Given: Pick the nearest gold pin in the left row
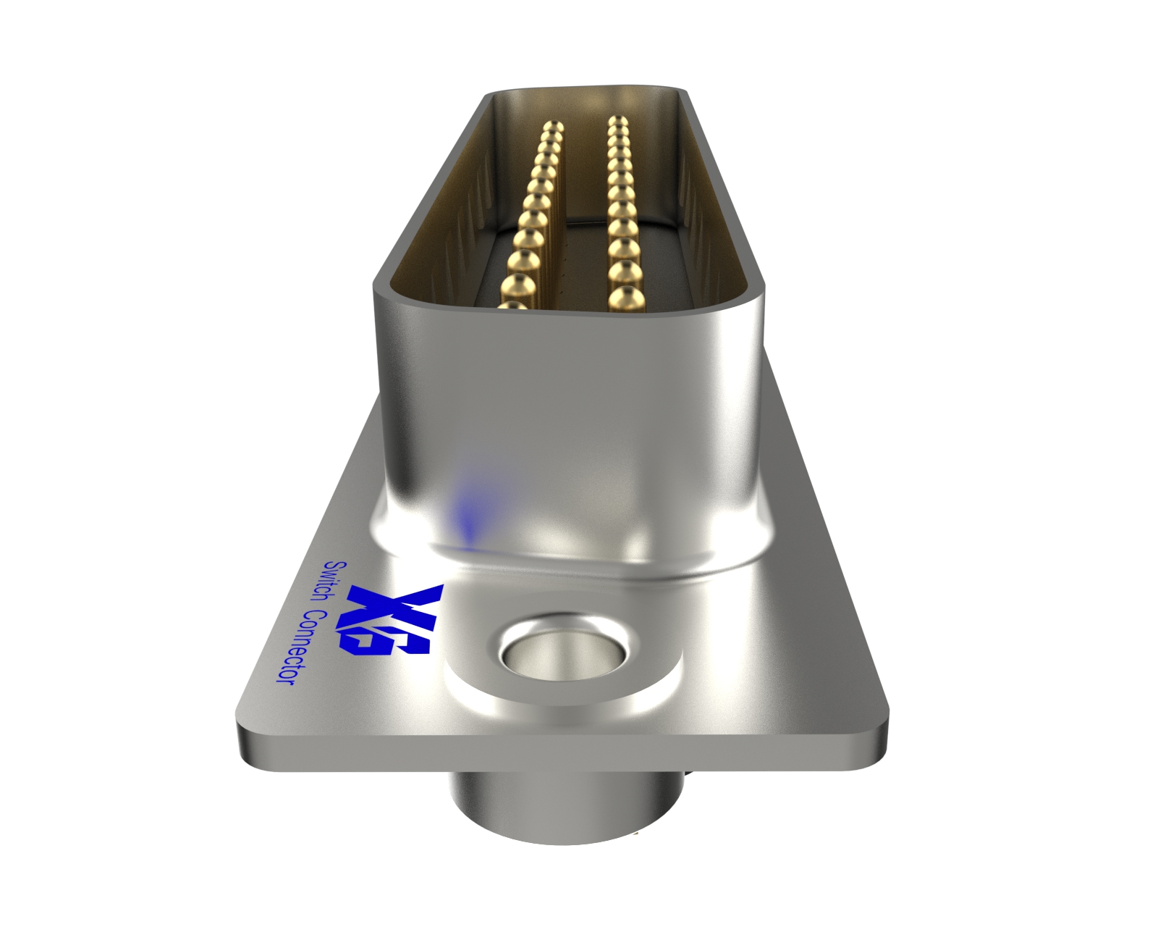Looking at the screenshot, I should (515, 307).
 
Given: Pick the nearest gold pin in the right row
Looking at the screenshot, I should (625, 298).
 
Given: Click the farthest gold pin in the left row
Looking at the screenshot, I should (554, 128).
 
